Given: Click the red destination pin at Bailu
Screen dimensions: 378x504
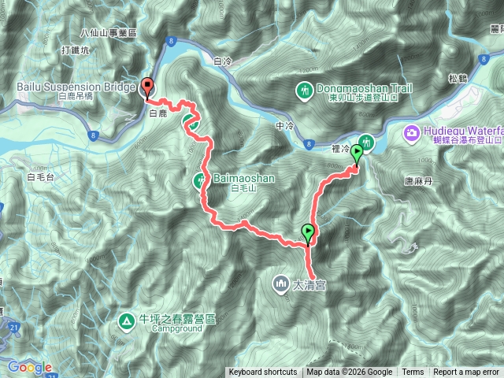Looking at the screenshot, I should (x=147, y=88).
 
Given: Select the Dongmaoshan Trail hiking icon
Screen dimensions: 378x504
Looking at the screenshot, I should (x=305, y=91).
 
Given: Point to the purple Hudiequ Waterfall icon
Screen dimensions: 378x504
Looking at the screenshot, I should (x=410, y=133).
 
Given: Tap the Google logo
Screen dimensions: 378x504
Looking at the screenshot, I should (x=29, y=367).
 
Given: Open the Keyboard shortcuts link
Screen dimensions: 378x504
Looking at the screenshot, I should (x=262, y=372).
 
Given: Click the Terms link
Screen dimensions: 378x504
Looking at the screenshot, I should (x=413, y=372).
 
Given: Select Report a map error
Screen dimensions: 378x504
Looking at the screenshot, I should (x=466, y=372).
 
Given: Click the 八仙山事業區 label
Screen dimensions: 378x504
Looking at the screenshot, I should (x=109, y=33).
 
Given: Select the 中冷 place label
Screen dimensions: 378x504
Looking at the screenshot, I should (x=284, y=125).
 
